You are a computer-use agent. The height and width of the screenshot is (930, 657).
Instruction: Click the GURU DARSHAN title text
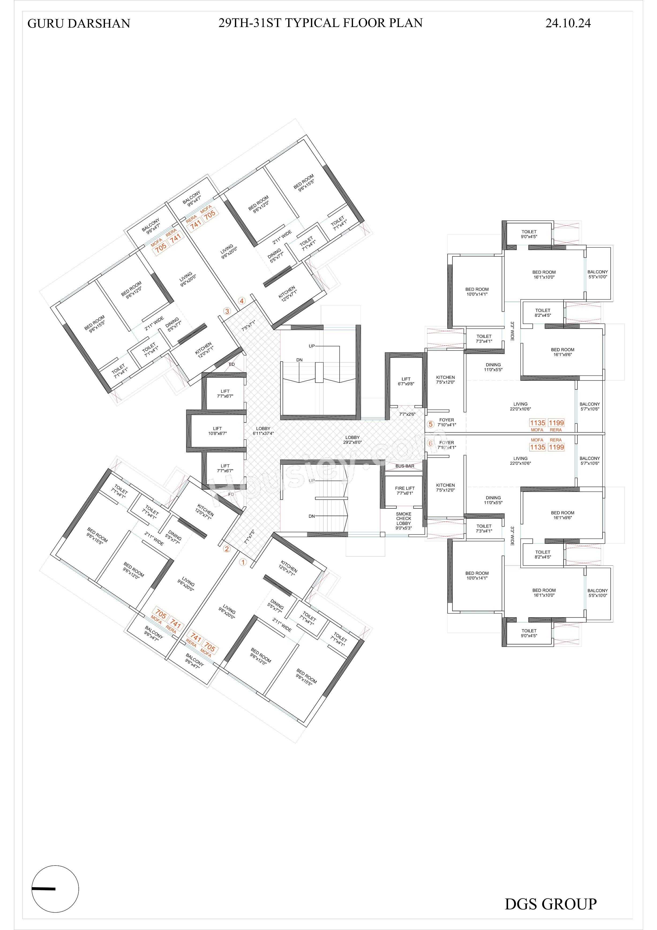click(79, 24)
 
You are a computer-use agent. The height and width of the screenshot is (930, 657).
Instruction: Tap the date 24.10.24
click(568, 23)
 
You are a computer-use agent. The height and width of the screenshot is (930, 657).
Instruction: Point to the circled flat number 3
click(227, 311)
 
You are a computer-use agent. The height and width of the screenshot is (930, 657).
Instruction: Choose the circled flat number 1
click(243, 562)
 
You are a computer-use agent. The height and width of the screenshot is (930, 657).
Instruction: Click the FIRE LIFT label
click(405, 490)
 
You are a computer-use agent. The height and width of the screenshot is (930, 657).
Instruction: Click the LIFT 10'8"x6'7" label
click(217, 430)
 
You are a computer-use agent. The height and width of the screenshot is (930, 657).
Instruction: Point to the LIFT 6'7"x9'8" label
click(406, 381)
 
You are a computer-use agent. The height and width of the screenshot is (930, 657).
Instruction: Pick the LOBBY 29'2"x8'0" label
click(352, 440)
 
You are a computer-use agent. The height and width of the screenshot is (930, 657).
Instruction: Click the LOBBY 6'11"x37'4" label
click(263, 430)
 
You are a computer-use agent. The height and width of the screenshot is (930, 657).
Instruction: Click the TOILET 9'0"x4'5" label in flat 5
click(529, 234)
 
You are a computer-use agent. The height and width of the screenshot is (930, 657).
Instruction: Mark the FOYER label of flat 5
click(447, 420)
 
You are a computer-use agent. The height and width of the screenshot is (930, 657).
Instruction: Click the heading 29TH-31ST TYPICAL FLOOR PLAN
click(321, 23)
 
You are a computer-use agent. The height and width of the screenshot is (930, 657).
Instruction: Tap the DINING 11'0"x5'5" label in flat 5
click(493, 367)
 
